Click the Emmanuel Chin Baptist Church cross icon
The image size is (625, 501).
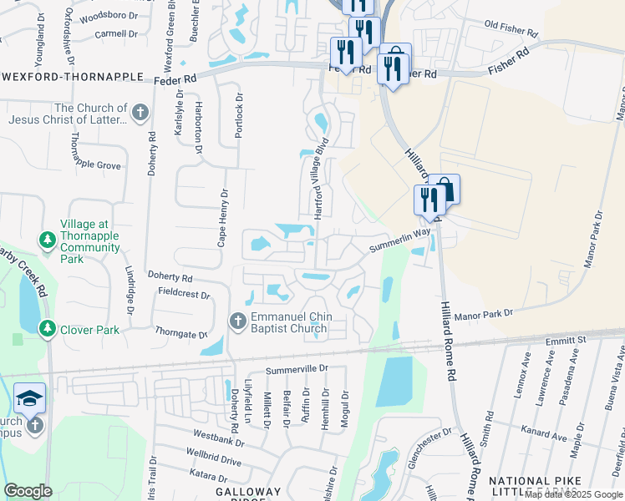click(237, 320)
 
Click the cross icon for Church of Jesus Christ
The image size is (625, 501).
click(140, 112)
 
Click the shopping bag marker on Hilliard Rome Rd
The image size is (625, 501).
click(444, 190)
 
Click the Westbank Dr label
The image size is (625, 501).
click(218, 435)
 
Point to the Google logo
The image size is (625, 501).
click(28, 491)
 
